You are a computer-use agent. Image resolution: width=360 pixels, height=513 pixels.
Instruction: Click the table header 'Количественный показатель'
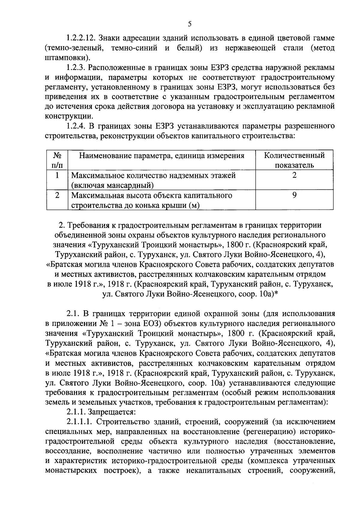pyautogui.click(x=294, y=160)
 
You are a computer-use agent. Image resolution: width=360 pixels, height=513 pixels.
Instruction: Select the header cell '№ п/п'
pyautogui.click(x=57, y=160)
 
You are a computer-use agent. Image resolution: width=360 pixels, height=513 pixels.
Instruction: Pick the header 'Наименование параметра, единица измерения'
pyautogui.click(x=162, y=156)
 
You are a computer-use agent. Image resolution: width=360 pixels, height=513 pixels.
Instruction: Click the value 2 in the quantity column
pyautogui.click(x=294, y=175)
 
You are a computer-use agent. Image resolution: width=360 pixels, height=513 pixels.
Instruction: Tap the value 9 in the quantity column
pyautogui.click(x=294, y=195)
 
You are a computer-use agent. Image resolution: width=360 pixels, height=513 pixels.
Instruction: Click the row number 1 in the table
pyautogui.click(x=57, y=175)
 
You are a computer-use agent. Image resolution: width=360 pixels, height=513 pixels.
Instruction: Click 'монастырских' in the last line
pyautogui.click(x=72, y=470)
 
